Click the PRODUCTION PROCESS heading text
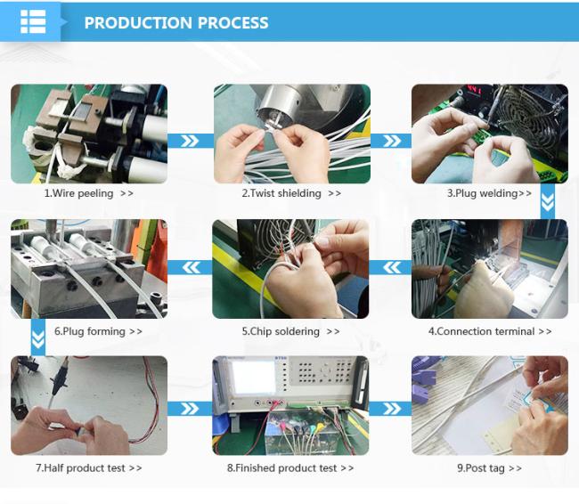176,23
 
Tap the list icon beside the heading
33,21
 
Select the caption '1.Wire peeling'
78,193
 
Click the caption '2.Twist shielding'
281,193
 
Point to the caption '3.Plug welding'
483,193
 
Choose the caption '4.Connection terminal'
482,331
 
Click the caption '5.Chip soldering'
281,331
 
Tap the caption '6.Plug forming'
90,331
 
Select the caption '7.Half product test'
80,468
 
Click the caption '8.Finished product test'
281,468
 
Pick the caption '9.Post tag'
481,468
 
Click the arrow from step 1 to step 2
190,141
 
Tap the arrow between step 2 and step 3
391,141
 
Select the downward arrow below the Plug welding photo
547,201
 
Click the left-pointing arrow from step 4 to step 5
391,267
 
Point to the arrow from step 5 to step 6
191,267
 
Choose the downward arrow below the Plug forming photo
38,337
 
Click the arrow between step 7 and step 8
190,409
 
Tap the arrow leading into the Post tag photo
391,409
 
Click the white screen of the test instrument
254,378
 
